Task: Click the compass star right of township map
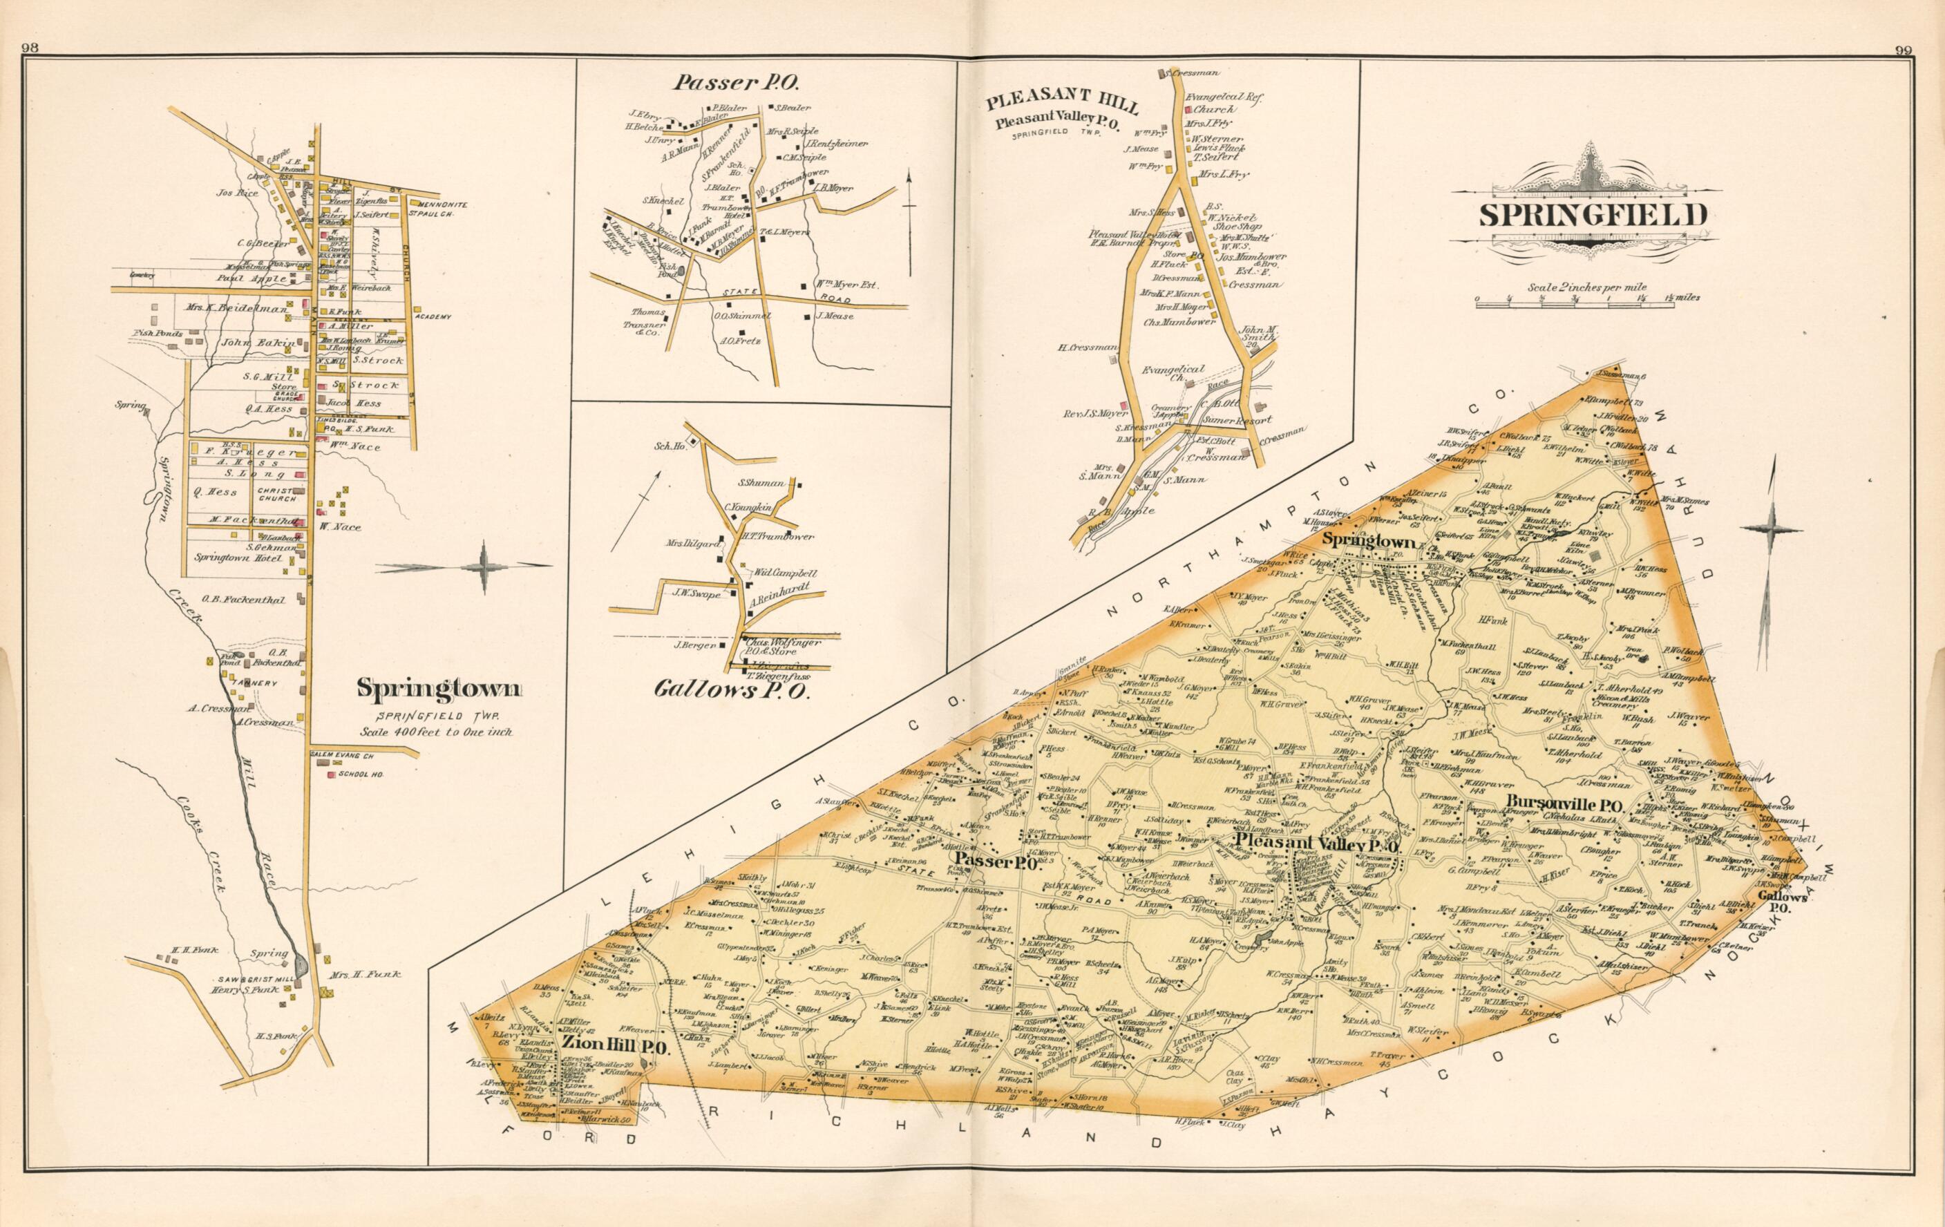pyautogui.click(x=1774, y=529)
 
